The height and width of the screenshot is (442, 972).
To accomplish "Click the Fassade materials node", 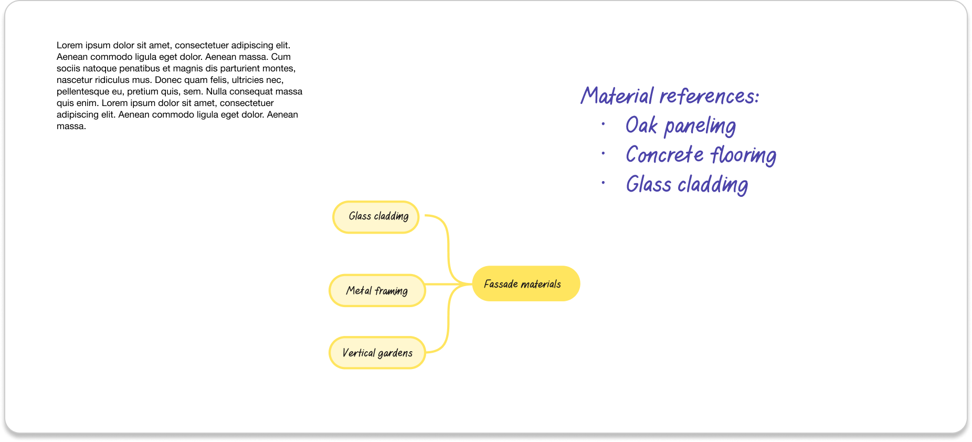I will point(526,283).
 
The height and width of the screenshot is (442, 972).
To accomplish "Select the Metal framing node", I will point(377,290).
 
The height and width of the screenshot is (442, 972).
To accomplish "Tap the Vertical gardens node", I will point(377,353).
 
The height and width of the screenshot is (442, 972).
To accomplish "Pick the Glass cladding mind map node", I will point(376,217).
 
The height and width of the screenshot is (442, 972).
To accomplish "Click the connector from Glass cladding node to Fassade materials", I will point(448,241).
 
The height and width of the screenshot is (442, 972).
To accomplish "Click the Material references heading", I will point(670,96).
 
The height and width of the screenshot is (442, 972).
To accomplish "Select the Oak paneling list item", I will point(680,126).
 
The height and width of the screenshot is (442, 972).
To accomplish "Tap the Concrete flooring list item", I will point(701,155).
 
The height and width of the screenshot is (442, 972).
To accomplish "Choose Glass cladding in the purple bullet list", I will point(686,185).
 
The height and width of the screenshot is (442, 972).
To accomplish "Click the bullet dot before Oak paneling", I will point(604,124).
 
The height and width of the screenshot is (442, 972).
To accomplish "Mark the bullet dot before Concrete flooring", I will point(604,154).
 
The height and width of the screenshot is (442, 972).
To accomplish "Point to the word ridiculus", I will point(113,80).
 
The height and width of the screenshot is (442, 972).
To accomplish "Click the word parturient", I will point(240,68).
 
